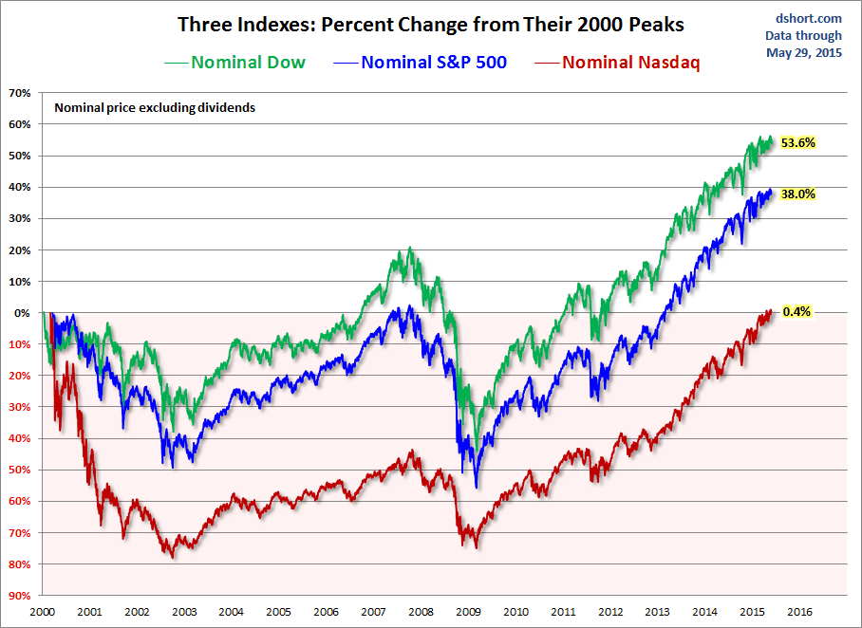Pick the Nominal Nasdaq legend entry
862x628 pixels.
pyautogui.click(x=631, y=63)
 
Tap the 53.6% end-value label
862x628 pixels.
pyautogui.click(x=798, y=142)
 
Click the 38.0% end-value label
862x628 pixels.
pyautogui.click(x=798, y=194)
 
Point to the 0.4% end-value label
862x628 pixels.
pyautogui.click(x=796, y=311)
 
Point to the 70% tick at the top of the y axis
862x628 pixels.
pyautogui.click(x=19, y=93)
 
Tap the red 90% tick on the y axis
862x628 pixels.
pyautogui.click(x=19, y=596)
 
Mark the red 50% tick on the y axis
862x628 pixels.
pyautogui.click(x=19, y=470)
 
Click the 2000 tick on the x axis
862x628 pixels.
pyautogui.click(x=43, y=612)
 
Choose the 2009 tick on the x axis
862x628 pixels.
pyautogui.click(x=468, y=612)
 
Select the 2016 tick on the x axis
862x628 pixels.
pyautogui.click(x=799, y=612)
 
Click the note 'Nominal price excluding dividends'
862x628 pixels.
pyautogui.click(x=155, y=108)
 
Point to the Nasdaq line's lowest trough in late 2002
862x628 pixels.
pyautogui.click(x=173, y=557)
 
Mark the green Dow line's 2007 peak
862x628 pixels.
pyautogui.click(x=410, y=249)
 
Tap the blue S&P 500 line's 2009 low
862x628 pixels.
pyautogui.click(x=476, y=487)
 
